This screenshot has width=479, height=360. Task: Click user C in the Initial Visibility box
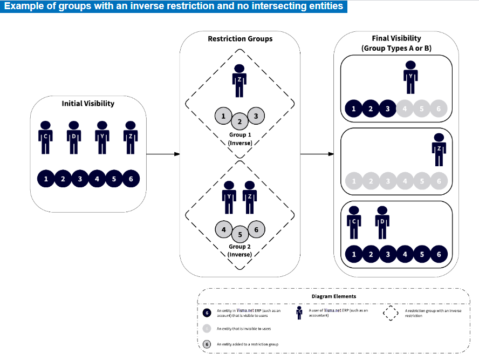(46, 134)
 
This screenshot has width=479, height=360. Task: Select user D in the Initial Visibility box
(74, 134)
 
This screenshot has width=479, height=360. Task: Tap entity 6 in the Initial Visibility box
(131, 178)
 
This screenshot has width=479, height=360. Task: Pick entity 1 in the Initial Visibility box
(46, 178)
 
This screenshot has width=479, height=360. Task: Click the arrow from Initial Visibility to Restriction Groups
(163, 154)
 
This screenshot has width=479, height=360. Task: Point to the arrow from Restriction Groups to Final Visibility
(317, 154)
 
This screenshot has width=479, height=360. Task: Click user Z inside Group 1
(239, 77)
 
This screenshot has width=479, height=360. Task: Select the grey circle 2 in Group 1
(239, 121)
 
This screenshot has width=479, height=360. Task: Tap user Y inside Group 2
(229, 195)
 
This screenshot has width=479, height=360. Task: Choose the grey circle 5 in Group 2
(239, 235)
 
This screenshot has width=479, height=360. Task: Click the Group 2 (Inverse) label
(239, 250)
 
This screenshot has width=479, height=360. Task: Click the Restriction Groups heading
(240, 39)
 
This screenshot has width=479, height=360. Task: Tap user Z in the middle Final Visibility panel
(439, 148)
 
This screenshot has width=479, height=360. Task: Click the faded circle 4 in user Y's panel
(405, 109)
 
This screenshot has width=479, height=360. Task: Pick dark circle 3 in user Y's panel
(387, 109)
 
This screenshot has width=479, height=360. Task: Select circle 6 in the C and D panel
(439, 254)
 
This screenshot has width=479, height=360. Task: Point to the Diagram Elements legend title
(334, 296)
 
